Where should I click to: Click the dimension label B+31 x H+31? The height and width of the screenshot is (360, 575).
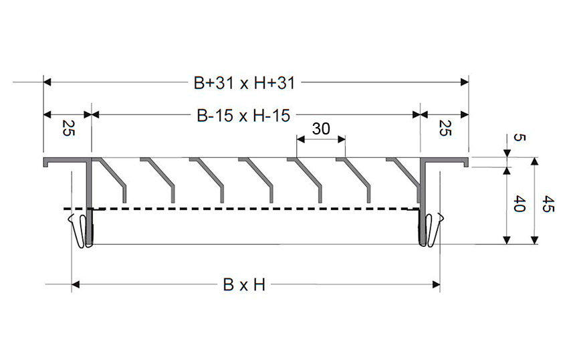244,83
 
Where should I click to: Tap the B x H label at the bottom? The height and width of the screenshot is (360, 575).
244,285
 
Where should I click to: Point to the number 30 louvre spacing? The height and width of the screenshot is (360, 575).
321,129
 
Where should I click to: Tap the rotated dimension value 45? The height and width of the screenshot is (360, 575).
548,203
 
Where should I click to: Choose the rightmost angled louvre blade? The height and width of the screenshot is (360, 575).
405,175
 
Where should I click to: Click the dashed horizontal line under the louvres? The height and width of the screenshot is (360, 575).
254,209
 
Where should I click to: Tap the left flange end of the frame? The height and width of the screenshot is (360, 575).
49,163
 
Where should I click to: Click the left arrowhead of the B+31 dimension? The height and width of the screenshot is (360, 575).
47,82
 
